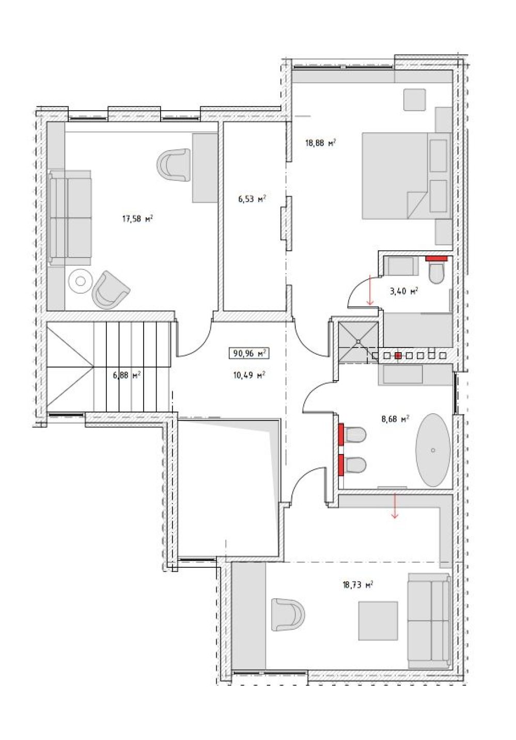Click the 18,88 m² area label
(320, 143)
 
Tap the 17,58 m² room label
(137, 219)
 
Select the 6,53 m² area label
(252, 199)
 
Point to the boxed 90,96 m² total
(249, 353)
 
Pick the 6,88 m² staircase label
(127, 375)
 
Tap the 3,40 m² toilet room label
(404, 291)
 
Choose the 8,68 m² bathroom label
(395, 419)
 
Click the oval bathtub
(432, 450)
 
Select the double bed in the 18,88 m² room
(406, 176)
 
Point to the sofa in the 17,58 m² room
(70, 217)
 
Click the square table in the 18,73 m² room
(378, 621)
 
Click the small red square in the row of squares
(398, 355)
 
